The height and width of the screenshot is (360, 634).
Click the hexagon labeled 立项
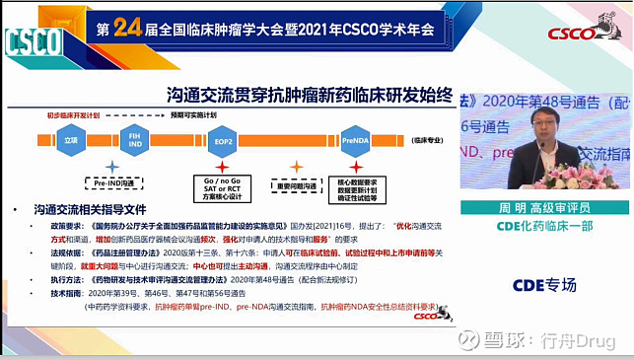[70, 141]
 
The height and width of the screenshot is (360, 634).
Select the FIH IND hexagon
[136, 141]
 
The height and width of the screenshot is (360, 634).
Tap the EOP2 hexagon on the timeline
[223, 141]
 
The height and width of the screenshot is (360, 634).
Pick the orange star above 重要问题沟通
[295, 166]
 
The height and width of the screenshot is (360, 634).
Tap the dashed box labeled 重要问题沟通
[295, 184]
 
